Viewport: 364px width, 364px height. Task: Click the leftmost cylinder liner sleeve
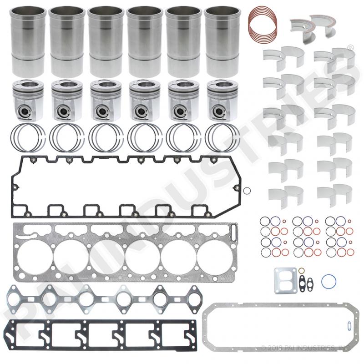[x=28, y=42]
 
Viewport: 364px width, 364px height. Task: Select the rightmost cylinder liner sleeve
[x=222, y=42]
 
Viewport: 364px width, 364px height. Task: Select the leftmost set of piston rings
[x=28, y=137]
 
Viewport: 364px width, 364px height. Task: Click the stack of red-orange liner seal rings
[x=263, y=24]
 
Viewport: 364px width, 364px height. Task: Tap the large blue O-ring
[x=329, y=282]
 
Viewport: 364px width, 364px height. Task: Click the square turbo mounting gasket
[x=285, y=280]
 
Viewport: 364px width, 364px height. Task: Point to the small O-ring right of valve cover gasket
[x=247, y=191]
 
